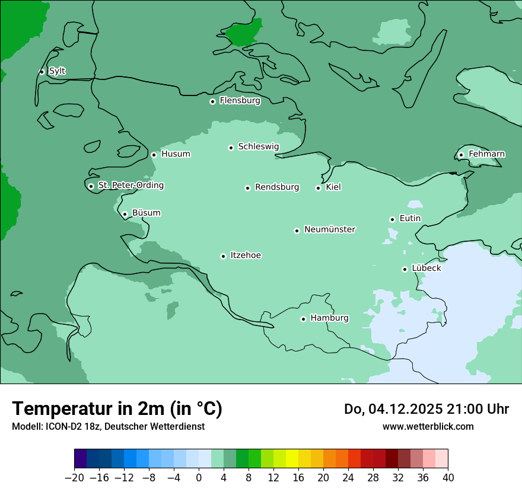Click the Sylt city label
tap(57, 71)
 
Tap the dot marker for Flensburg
tap(212, 101)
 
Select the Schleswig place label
tap(258, 146)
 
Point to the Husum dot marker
tap(154, 155)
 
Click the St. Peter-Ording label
tap(130, 186)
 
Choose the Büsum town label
tap(146, 213)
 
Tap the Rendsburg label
tap(277, 187)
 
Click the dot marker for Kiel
tap(318, 188)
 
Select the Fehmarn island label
tap(486, 154)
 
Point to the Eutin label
tap(410, 218)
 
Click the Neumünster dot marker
tap(297, 231)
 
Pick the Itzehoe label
tap(246, 255)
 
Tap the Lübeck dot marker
tap(405, 269)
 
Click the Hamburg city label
tap(329, 318)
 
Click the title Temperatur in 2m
tap(117, 409)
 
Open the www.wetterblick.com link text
tap(428, 427)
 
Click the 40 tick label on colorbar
tap(448, 478)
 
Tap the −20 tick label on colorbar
tap(74, 478)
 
